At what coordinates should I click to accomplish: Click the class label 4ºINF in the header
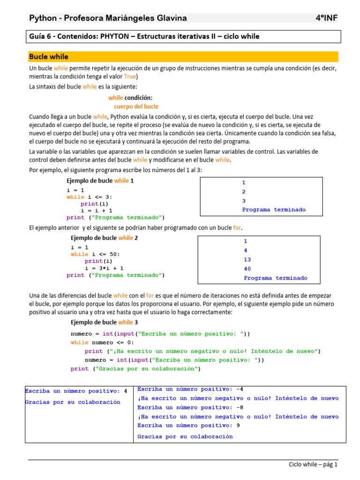pos(327,18)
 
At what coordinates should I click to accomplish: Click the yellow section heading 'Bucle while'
pos(49,57)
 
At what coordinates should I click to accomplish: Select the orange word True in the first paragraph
pos(131,76)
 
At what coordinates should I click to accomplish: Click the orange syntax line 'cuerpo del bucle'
pos(136,106)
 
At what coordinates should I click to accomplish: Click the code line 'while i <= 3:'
pos(90,197)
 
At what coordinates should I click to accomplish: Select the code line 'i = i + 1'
pos(96,211)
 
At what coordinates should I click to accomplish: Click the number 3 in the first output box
pos(244,201)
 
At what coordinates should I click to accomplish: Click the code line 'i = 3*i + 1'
pos(104,268)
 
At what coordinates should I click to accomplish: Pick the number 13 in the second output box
pos(247,259)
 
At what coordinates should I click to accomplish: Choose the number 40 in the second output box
pos(247,269)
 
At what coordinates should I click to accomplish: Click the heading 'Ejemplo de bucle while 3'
pos(104,322)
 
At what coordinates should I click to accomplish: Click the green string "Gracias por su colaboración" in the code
pos(147,369)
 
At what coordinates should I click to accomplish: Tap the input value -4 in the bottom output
pos(240,389)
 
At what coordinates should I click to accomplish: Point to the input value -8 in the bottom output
pos(240,407)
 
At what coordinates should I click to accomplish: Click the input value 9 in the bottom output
pos(239,426)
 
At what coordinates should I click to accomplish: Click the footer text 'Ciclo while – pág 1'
pos(313,465)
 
